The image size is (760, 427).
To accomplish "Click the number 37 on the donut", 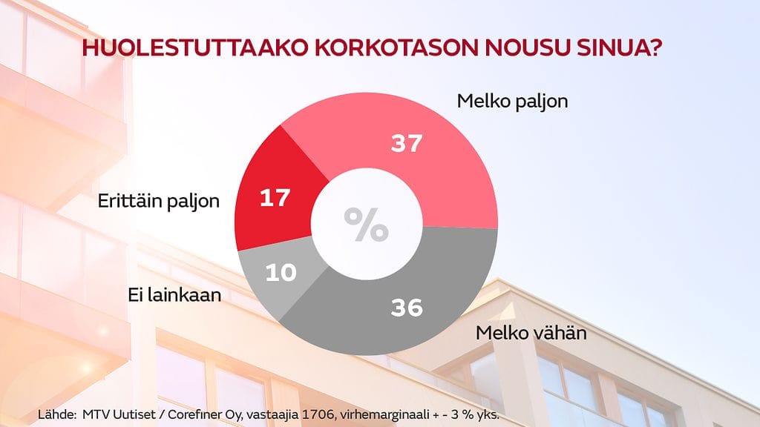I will pos(407,144).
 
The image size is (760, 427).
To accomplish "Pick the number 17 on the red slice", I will pos(275,198).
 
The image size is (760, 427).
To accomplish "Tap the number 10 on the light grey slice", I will pos(281,272).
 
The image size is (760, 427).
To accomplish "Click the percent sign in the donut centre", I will pos(366,225).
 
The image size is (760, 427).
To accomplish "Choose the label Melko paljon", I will pos(512,101).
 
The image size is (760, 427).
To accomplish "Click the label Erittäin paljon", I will pos(159,201).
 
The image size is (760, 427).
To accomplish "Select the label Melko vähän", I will pos(531,333).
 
